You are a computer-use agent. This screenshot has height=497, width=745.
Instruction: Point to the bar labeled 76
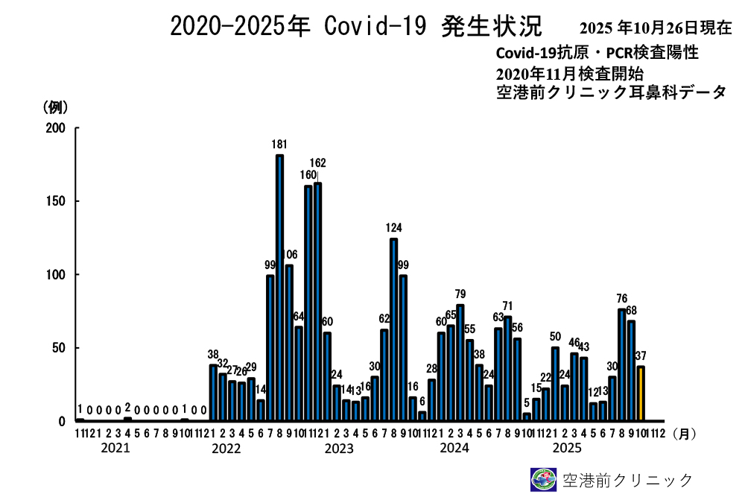click(621, 364)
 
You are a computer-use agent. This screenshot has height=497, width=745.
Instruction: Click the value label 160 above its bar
click(307, 175)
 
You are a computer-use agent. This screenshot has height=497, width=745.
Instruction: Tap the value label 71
click(507, 306)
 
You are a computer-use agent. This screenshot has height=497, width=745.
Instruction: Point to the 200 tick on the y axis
click(57, 128)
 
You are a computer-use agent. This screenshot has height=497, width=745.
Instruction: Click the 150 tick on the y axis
click(57, 201)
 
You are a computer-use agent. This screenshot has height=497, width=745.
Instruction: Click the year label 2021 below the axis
click(115, 448)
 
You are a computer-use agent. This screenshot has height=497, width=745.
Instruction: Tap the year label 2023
click(339, 449)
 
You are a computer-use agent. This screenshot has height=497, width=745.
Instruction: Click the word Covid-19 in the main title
click(375, 27)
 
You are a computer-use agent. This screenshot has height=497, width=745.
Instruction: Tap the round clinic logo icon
click(542, 479)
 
